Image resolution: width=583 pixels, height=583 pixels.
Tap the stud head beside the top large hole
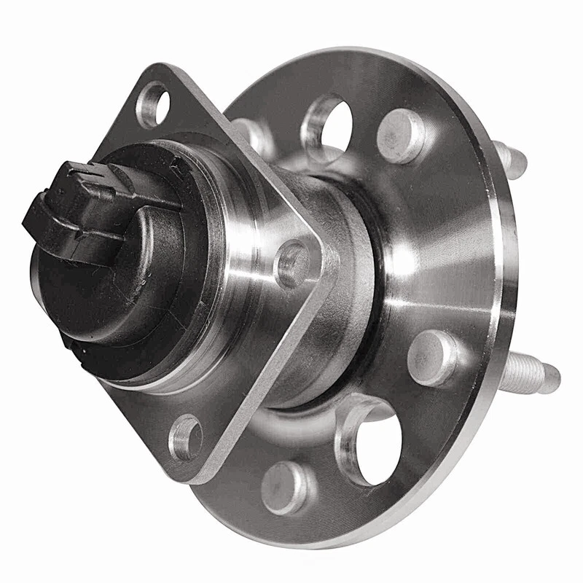click(x=402, y=135)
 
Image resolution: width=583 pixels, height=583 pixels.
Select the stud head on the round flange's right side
click(x=433, y=356)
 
